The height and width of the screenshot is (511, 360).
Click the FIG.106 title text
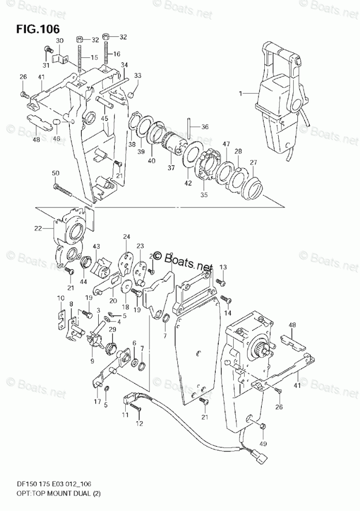point(37,27)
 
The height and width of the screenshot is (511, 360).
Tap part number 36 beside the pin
point(205,127)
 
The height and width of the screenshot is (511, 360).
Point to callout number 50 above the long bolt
point(56,173)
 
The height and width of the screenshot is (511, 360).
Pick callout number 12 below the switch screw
point(139,424)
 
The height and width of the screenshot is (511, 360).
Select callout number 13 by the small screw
point(223,267)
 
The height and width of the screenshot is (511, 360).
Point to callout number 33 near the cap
point(138,76)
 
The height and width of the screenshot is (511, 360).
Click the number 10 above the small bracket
point(61,298)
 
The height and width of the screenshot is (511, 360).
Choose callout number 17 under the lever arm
point(97,401)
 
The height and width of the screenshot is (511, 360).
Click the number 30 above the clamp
point(59,40)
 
